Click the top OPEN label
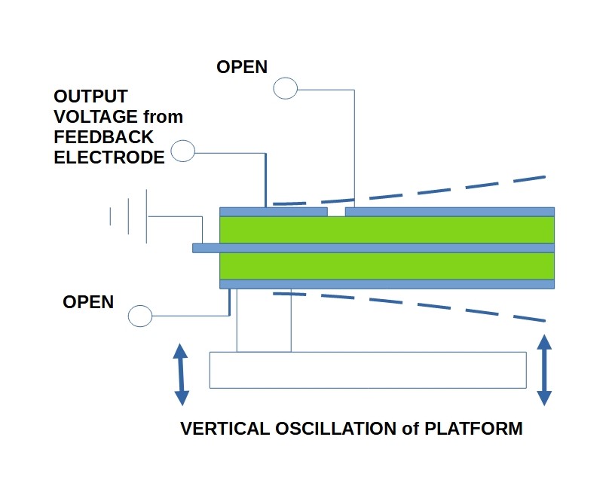tap(241, 67)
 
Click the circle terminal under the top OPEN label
tap(285, 89)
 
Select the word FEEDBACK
tap(104, 137)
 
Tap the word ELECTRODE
tap(109, 157)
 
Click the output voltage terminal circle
tap(183, 152)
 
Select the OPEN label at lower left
tap(88, 302)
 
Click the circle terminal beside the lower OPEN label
tap(141, 316)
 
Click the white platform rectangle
tap(367, 370)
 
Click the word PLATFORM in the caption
tap(473, 429)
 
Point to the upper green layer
tap(386, 230)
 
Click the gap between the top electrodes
tap(336, 212)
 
